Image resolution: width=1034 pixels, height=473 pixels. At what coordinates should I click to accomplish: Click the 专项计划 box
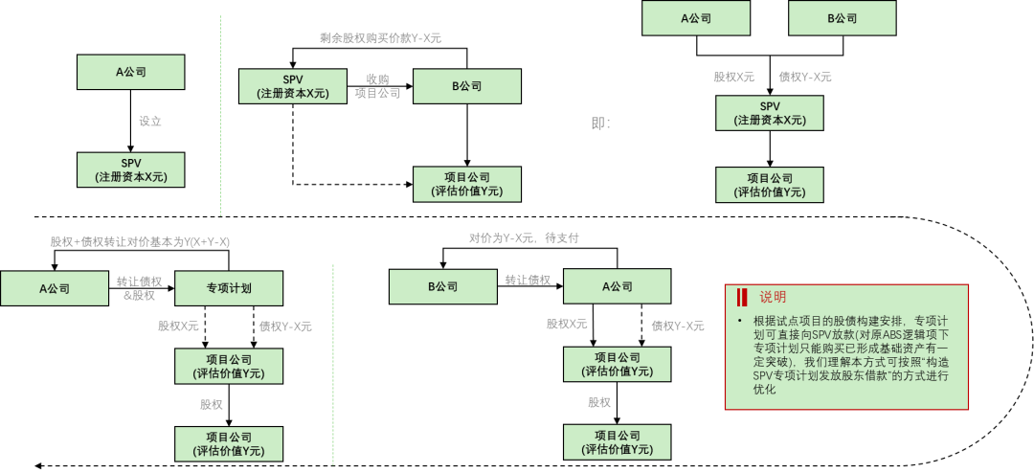coord(229,288)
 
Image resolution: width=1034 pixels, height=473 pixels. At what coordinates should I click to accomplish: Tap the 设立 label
coord(149,122)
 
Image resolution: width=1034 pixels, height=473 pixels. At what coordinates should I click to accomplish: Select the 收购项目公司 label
coord(377,86)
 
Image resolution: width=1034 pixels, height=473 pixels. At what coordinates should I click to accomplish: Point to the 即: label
coord(600,123)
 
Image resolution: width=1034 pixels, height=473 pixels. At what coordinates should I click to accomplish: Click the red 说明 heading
coord(773,297)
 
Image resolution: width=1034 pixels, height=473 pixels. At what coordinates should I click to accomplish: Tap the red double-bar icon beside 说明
coord(742,297)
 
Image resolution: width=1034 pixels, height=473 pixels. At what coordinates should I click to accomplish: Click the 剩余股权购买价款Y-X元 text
coord(380,38)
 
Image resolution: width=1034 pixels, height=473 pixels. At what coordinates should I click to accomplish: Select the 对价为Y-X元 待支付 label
coord(524,237)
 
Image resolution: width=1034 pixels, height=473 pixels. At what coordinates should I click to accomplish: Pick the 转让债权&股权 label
coord(139,288)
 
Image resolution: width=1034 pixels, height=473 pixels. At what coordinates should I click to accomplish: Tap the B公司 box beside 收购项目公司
coord(467,86)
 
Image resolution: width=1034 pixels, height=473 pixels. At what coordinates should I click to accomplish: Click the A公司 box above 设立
coord(130,72)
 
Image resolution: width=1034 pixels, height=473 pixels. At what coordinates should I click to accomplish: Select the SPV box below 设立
coord(130,169)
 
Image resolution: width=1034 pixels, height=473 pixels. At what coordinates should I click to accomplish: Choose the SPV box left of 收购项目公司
coord(292,86)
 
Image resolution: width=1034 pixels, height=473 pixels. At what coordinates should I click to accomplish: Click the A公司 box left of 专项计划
coord(55,288)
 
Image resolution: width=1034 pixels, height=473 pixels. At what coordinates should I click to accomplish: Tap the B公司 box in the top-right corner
coord(842,18)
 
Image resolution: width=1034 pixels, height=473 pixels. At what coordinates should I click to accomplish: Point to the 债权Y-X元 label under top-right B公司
coord(805,77)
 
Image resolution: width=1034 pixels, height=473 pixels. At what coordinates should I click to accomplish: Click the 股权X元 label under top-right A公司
coord(733,77)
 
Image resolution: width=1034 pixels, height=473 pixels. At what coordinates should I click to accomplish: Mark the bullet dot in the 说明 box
coord(739,321)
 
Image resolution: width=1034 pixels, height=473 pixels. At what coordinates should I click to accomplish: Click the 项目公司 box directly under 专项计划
coord(229,366)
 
